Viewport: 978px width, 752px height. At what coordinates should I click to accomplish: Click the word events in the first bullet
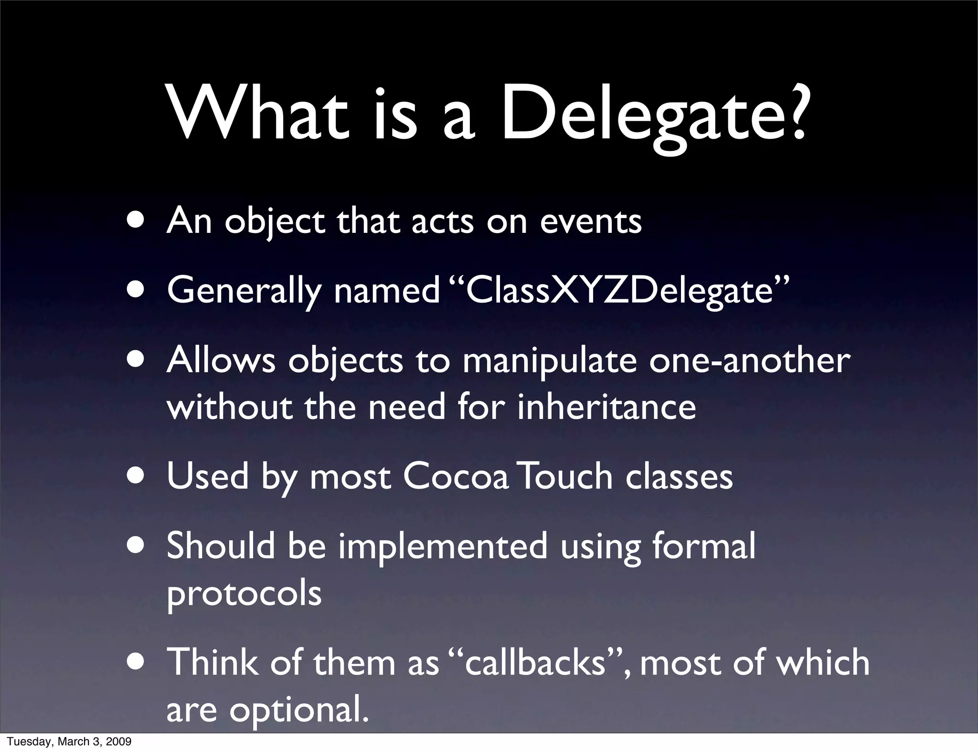[591, 221]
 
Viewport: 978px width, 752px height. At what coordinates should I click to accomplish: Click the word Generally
[244, 292]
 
